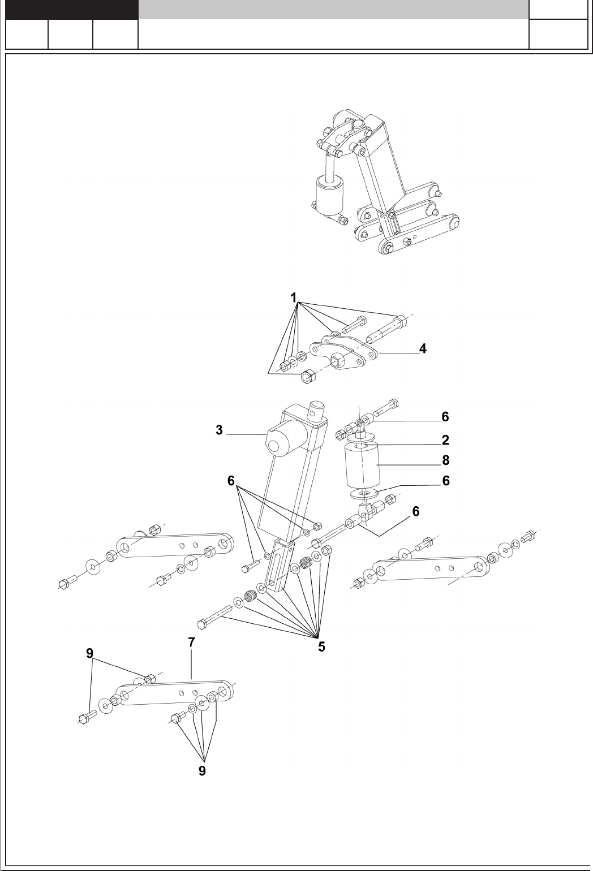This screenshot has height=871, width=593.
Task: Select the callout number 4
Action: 423,349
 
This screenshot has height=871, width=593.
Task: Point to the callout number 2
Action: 445,440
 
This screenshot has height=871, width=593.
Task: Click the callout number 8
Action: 445,460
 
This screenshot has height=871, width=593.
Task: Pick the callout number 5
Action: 321,647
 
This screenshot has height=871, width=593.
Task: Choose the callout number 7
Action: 192,643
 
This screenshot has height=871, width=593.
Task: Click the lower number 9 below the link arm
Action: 202,771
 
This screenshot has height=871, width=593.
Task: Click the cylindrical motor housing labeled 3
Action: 285,438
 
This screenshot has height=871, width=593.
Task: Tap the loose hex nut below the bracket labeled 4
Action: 307,376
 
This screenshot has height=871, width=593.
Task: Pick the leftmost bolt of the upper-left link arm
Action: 67,582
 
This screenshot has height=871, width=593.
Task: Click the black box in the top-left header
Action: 72,9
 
